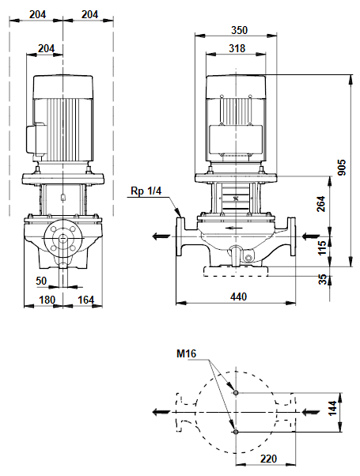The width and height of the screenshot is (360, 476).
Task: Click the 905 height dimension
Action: [342, 168]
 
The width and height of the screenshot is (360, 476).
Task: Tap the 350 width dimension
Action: [240, 30]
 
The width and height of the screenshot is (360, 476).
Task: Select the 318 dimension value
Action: [237, 48]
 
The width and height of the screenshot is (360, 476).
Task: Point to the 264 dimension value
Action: [321, 204]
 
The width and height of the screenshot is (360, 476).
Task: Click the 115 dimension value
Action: [322, 247]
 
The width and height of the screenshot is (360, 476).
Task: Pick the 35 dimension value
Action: [324, 279]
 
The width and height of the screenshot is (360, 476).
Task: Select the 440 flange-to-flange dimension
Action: [238, 297]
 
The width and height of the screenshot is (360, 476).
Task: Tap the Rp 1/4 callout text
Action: [146, 191]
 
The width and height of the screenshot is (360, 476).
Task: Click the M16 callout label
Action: [187, 353]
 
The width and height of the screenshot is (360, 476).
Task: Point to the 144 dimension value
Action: [332, 408]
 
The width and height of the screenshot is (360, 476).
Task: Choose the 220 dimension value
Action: [268, 459]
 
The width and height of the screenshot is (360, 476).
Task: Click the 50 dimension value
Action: [41, 281]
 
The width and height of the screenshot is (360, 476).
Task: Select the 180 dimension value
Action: [47, 300]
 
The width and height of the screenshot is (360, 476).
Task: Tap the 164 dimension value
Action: [86, 300]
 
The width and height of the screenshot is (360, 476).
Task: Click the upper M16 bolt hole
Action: [236, 393]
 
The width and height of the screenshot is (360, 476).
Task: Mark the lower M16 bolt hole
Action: [236, 432]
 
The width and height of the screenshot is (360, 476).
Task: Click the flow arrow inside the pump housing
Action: [234, 228]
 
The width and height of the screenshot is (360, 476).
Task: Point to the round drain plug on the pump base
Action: [248, 259]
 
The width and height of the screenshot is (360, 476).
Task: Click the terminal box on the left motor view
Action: [36, 138]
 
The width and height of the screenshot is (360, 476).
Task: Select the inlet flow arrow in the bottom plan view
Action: [310, 412]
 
